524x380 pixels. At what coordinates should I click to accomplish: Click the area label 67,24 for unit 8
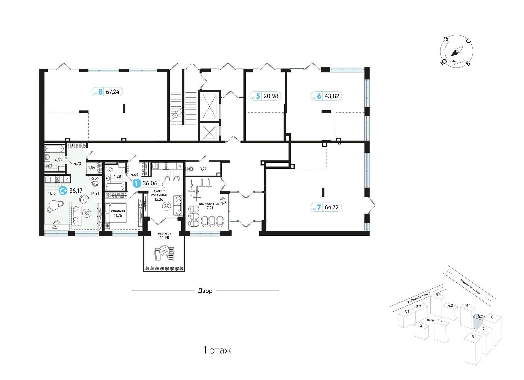pos(112,92)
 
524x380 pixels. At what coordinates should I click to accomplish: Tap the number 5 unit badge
pos(258,96)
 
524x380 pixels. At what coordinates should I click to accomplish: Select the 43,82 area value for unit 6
pos(332,96)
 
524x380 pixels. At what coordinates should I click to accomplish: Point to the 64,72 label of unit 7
pos(332,207)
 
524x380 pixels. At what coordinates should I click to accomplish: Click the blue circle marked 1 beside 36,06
pos(137,183)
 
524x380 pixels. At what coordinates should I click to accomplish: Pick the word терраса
pos(164,233)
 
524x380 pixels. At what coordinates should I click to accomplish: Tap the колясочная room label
pos(209,204)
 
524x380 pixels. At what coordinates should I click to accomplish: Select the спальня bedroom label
pos(118,211)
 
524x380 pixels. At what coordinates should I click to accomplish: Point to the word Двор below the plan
pos(205,291)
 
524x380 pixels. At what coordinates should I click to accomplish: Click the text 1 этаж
pos(217,350)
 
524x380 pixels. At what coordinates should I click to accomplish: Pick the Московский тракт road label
pos(470,286)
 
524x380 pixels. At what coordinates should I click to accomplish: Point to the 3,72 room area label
pos(203,169)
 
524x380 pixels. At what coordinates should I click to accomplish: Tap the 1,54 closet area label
pos(92,168)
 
